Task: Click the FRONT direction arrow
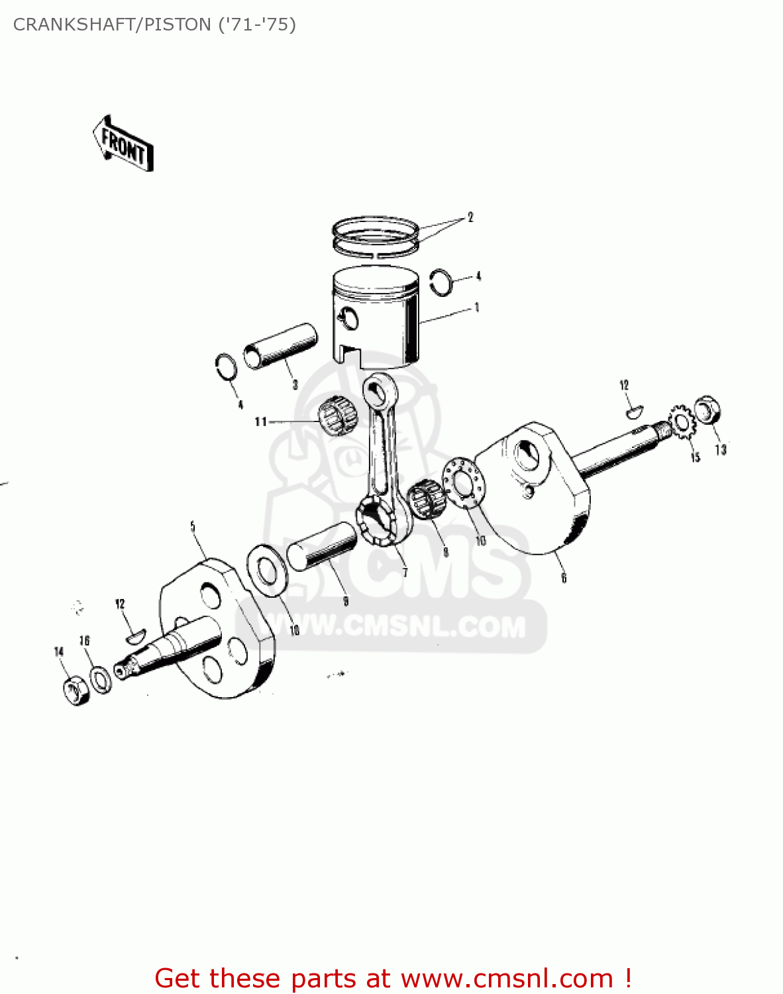[x=123, y=144]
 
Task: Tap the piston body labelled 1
[x=376, y=318]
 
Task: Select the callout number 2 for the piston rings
[x=470, y=217]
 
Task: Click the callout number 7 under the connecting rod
[x=405, y=573]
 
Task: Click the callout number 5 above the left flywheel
[x=193, y=527]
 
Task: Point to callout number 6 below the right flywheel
[x=564, y=578]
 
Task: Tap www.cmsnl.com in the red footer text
[x=507, y=979]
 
